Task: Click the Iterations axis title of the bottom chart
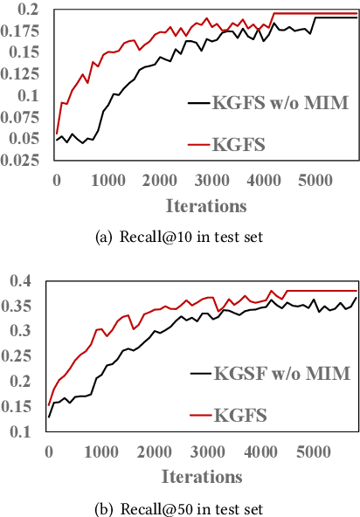click(x=203, y=477)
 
